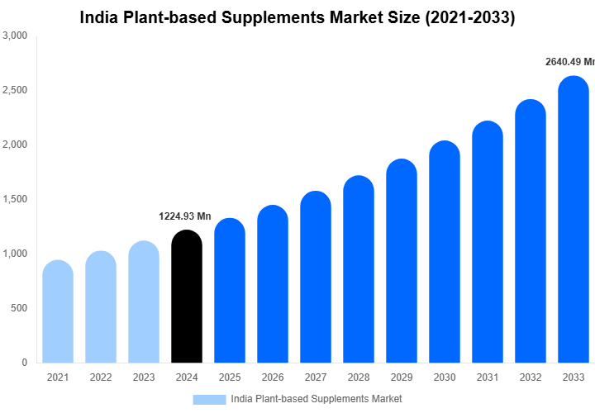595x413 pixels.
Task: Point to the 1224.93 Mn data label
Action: [x=185, y=216]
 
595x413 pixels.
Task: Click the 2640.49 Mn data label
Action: [x=570, y=62]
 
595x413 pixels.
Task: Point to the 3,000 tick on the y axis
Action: [x=15, y=36]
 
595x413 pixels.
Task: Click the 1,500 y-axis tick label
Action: [x=15, y=199]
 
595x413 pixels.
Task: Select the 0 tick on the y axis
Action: [x=24, y=363]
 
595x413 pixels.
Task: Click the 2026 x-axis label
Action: [x=272, y=377]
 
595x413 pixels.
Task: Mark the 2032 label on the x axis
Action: [x=531, y=377]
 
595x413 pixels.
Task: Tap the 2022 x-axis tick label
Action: [x=100, y=377]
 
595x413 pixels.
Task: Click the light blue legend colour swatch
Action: [x=209, y=399]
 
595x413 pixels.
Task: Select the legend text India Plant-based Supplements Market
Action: [x=317, y=399]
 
